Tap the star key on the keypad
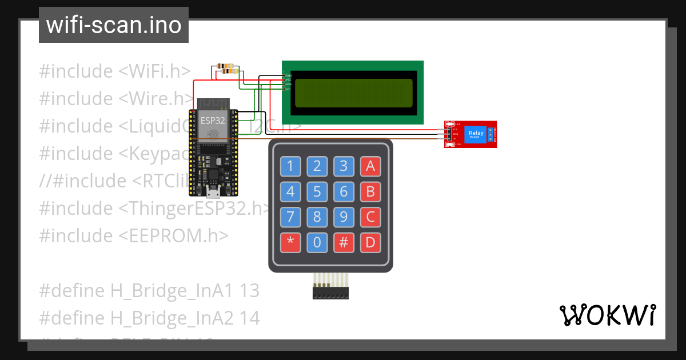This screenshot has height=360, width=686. [x=290, y=243]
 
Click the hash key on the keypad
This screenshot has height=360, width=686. [x=344, y=243]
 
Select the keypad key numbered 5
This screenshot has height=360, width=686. [x=317, y=191]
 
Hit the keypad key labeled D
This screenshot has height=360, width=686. [x=370, y=243]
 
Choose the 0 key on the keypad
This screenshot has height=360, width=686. [x=317, y=243]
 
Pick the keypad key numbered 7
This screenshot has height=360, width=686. [x=290, y=217]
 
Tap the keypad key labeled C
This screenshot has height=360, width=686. [x=370, y=217]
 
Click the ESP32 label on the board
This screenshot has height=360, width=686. [x=212, y=121]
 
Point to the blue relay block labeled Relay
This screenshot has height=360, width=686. [x=476, y=134]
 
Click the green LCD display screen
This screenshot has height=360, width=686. [x=353, y=93]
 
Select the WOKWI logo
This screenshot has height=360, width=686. [x=607, y=315]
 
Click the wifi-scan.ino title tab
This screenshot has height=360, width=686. [x=114, y=25]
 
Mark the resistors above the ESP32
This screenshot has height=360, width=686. [x=226, y=69]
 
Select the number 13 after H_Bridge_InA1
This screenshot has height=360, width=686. [x=250, y=291]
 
